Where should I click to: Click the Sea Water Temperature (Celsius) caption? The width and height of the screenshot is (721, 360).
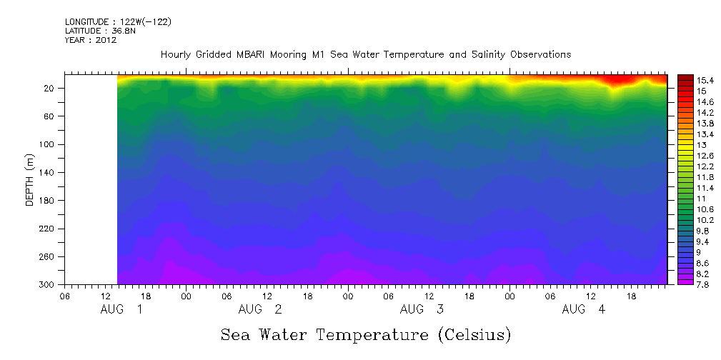coord(365,334)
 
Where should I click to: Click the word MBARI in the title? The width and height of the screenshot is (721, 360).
coord(265,55)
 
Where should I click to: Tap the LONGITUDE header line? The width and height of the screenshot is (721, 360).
coord(117,21)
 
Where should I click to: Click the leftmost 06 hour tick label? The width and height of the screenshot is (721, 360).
coord(65,296)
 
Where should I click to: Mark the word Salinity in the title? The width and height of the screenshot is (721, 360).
coord(467,55)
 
